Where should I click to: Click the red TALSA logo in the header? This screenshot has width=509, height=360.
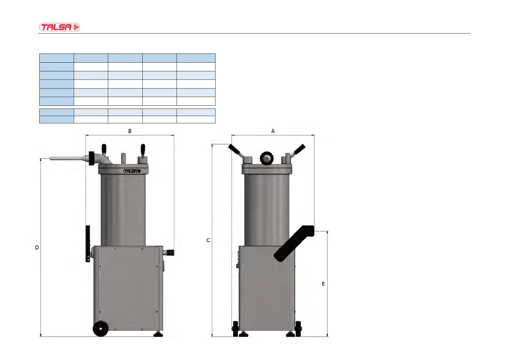tap(59, 27)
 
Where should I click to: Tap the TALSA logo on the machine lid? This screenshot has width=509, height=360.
tap(132, 171)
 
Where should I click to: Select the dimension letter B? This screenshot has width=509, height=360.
tap(130, 131)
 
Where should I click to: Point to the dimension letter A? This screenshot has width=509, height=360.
tap(273, 131)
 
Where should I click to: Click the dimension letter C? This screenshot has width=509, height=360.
tap(208, 241)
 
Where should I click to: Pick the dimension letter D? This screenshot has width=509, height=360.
tap(37, 248)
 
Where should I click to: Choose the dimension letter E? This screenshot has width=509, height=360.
tap(323, 284)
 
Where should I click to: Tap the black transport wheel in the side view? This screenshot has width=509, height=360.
tap(100, 329)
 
